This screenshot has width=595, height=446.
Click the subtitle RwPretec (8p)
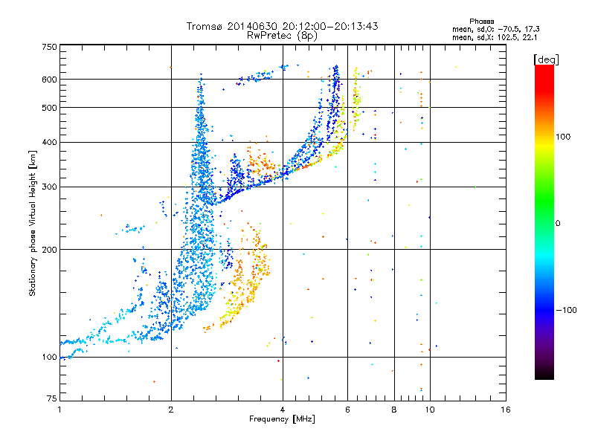click(282, 36)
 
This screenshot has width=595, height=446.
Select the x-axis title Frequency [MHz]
click(282, 419)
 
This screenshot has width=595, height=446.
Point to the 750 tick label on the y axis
click(50, 47)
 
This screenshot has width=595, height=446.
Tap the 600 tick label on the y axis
click(50, 80)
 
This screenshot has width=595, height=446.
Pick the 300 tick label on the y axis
click(50, 187)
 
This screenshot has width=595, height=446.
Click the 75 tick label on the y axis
click(52, 398)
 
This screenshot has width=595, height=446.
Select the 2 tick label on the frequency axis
click(171, 410)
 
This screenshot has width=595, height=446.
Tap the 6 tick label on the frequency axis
click(347, 410)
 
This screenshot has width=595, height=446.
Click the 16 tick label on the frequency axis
click(506, 410)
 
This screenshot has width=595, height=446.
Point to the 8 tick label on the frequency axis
click(394, 410)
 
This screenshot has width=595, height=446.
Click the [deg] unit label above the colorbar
click(546, 59)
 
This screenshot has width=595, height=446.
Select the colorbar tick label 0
click(558, 224)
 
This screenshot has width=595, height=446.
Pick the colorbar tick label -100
click(566, 310)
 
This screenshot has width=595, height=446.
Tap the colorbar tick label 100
click(563, 137)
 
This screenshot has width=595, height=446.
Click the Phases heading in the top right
click(481, 22)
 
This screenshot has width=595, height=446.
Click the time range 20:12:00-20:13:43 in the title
click(330, 26)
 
